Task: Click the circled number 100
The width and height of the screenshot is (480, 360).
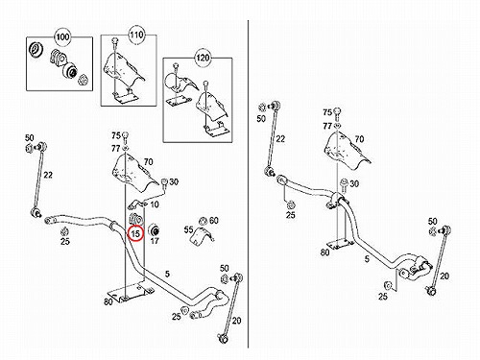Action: pos(62,36)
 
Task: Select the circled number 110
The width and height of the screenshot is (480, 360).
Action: pos(136,35)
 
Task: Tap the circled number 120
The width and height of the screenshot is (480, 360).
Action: pos(203,58)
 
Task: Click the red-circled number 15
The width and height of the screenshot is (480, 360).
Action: pos(135,234)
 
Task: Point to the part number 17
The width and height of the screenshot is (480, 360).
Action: pos(155,240)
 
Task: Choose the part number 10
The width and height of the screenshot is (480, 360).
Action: pos(155,204)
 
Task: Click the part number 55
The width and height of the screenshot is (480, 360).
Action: pos(189,229)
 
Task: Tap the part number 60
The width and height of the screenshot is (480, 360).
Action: pos(214,220)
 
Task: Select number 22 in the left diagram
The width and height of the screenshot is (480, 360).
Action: pos(48,175)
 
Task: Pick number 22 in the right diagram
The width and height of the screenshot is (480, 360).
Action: pos(280,139)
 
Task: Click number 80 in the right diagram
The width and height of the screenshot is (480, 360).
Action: pos(324,252)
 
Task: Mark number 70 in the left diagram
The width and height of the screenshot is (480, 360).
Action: pos(148,162)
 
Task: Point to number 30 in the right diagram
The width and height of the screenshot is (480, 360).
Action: pos(354,183)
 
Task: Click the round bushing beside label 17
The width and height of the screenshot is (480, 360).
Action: pos(155,230)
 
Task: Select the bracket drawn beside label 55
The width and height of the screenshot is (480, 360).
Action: pos(203,235)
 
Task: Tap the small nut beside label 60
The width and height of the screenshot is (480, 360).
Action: pos(203,221)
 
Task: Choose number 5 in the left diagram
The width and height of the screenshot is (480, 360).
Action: pos(167,274)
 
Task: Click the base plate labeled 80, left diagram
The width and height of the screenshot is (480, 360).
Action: pos(131,292)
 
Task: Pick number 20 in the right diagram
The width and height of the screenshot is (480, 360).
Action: pos(444,276)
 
